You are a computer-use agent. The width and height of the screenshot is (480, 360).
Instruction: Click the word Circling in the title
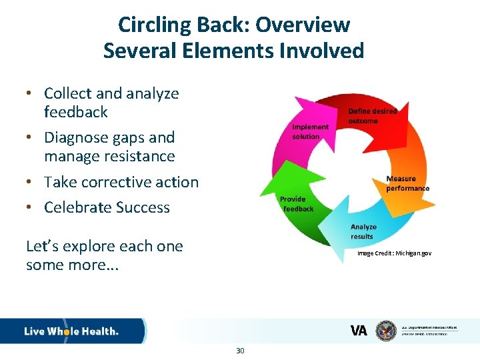(x=153, y=25)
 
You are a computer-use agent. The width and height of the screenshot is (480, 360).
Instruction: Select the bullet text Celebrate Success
(x=107, y=207)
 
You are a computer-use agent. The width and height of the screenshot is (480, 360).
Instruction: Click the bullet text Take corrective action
(x=121, y=182)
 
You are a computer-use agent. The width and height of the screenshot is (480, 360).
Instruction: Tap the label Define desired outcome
(x=372, y=116)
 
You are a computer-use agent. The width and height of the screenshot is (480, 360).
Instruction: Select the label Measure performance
(x=407, y=183)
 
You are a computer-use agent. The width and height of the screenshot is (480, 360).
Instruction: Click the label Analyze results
(x=363, y=232)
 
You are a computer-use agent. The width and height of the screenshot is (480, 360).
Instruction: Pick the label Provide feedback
(x=296, y=204)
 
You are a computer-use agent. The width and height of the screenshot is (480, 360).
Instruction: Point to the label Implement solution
(x=310, y=131)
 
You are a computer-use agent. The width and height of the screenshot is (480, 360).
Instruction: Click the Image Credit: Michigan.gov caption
(x=394, y=253)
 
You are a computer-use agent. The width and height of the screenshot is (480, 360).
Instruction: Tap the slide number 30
(x=240, y=351)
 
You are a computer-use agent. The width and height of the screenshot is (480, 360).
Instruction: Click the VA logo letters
(x=359, y=331)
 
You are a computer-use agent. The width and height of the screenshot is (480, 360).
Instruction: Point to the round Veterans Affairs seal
(x=386, y=331)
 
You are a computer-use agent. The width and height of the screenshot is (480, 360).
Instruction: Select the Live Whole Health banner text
(x=71, y=331)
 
